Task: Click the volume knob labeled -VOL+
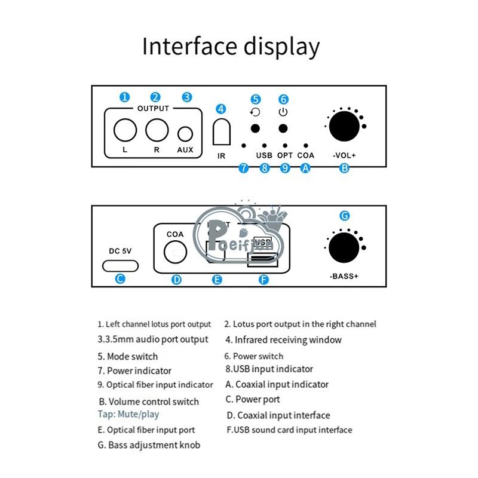[x=344, y=126]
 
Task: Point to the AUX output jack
[x=186, y=133]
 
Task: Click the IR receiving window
[x=221, y=131]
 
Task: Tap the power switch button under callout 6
[x=283, y=128]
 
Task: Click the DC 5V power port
[x=120, y=265]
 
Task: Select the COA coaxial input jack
[x=176, y=252]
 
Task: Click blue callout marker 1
[x=124, y=97]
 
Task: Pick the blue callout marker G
[x=344, y=216]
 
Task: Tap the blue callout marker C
[x=120, y=278]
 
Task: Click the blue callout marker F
[x=263, y=279]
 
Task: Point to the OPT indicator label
[x=285, y=155]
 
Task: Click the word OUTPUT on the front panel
[x=154, y=109]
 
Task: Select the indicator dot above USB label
[x=264, y=145]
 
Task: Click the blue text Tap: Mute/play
[x=128, y=414]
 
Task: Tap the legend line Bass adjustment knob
[x=149, y=445]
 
